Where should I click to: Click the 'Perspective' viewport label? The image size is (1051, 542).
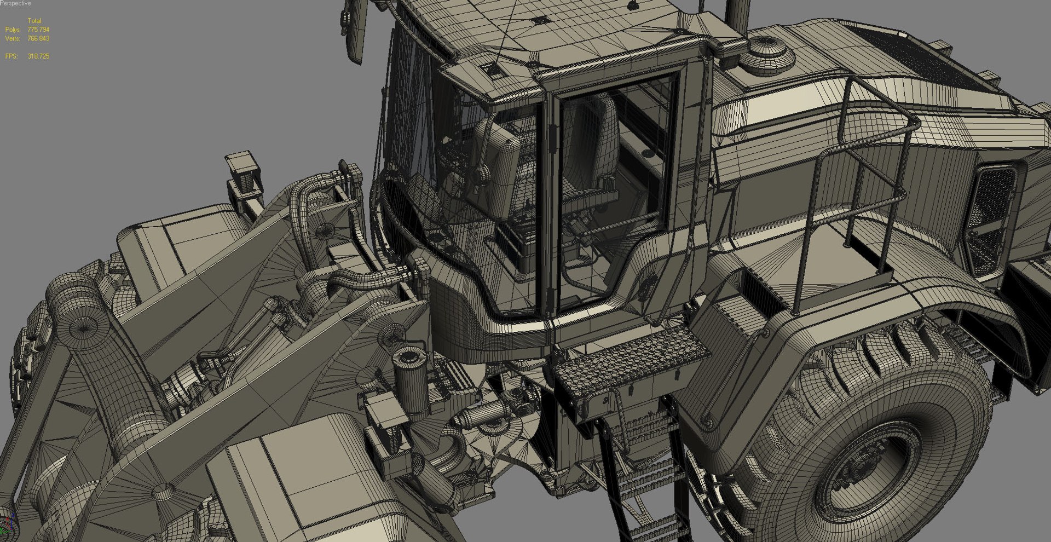(x=16, y=3)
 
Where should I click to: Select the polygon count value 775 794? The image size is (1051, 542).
(x=38, y=30)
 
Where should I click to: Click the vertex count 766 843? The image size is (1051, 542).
(x=38, y=39)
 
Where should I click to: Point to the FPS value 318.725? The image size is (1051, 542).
(x=38, y=56)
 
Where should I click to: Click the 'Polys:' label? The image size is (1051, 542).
(x=13, y=30)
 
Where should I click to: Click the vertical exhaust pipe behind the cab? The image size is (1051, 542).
(x=736, y=16)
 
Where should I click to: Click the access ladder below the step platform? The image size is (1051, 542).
(x=646, y=471)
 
